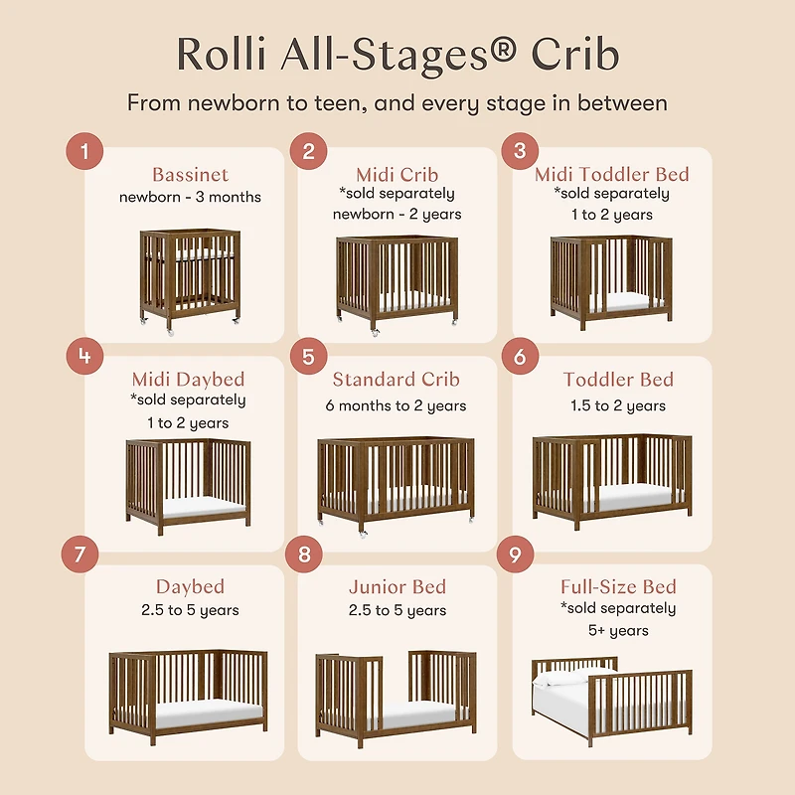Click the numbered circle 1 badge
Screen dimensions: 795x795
[85, 151]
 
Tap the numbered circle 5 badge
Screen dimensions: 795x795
[308, 357]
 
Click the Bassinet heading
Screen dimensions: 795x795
[191, 175]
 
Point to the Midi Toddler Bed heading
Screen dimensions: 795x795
[612, 174]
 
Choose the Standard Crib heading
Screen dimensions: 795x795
[397, 380]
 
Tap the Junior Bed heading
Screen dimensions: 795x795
[397, 586]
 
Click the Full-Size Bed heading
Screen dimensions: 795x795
[618, 586]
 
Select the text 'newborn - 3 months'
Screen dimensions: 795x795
[191, 197]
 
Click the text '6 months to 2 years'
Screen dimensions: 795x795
[397, 405]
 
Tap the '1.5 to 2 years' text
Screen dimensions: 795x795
[618, 405]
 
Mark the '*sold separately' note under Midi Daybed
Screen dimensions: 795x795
[189, 400]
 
